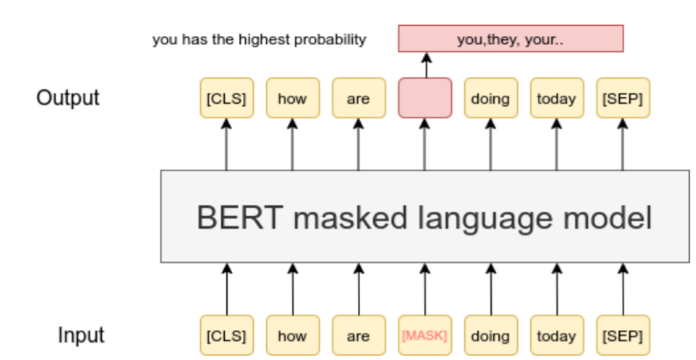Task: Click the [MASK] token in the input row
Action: tap(425, 335)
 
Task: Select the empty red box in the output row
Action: tap(425, 97)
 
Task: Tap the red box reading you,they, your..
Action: tap(511, 39)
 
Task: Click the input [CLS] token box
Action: tap(226, 335)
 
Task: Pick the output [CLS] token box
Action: tap(226, 97)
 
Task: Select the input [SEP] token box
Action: tap(622, 335)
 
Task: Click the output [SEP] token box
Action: tap(622, 97)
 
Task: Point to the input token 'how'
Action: tap(292, 335)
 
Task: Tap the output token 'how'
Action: tap(292, 97)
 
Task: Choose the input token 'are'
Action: tap(358, 335)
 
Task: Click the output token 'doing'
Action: tap(490, 97)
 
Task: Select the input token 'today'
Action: tap(556, 335)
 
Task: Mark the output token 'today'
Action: tap(556, 97)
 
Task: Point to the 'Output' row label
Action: tap(68, 97)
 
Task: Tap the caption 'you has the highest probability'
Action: tap(259, 40)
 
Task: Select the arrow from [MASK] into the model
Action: tap(425, 290)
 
